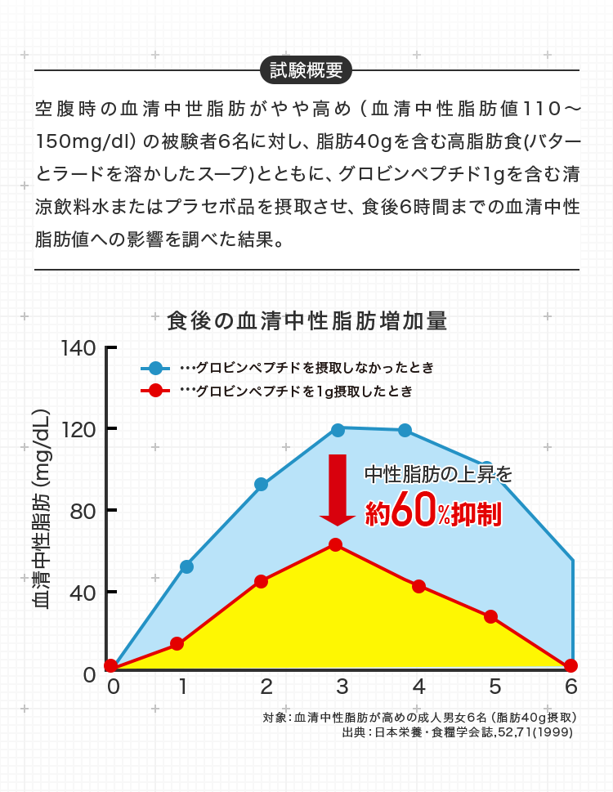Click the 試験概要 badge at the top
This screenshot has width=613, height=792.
coord(306,69)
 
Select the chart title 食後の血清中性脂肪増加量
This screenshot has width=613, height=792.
coord(306,321)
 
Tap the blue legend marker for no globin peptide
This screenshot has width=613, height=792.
coord(155,368)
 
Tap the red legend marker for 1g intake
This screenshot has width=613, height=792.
coord(155,391)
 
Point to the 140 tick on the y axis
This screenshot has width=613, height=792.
coord(78,347)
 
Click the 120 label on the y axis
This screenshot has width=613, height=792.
coord(78,429)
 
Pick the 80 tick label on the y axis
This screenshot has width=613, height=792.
coord(83,511)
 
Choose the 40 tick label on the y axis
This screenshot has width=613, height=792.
coord(83,592)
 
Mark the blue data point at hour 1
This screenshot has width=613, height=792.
coord(186,566)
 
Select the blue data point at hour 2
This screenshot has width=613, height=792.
coord(261,484)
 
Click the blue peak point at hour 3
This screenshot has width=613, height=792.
coord(338,430)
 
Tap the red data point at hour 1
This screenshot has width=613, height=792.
coord(177,643)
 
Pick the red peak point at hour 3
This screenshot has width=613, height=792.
coord(335,544)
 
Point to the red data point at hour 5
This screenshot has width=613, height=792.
coord(490,616)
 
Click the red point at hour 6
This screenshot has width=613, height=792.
coord(570,665)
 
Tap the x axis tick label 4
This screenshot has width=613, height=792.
coord(418,686)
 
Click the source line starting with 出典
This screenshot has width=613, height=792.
coord(459,732)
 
